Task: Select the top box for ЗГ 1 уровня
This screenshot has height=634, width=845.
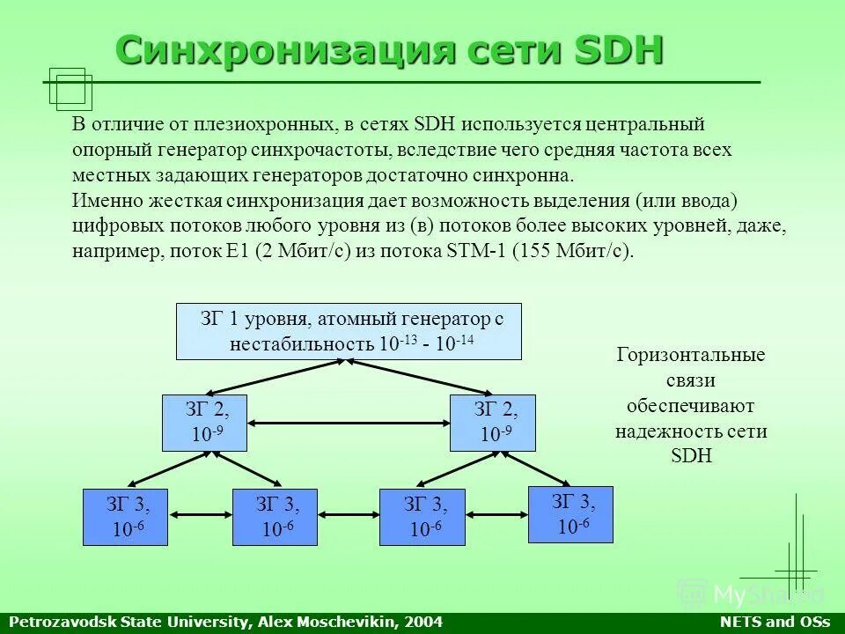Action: pyautogui.click(x=349, y=331)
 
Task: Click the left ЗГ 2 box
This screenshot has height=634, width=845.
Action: pyautogui.click(x=206, y=423)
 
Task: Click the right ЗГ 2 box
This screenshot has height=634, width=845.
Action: pyautogui.click(x=493, y=423)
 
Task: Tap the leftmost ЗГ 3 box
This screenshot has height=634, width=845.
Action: pyautogui.click(x=125, y=516)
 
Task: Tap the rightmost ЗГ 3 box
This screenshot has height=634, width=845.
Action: pyautogui.click(x=570, y=514)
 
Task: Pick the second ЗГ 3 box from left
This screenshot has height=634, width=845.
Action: pyautogui.click(x=275, y=516)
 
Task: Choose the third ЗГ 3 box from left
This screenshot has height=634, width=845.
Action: pyautogui.click(x=422, y=516)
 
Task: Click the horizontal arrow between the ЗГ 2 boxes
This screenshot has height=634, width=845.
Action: pyautogui.click(x=349, y=424)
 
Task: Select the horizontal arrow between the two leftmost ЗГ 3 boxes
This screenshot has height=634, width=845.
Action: pyautogui.click(x=200, y=512)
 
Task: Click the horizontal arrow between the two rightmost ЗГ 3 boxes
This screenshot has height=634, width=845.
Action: pyautogui.click(x=496, y=512)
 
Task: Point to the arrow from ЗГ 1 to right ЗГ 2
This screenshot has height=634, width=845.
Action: pyautogui.click(x=422, y=377)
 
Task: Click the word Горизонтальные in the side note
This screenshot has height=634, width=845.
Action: pyautogui.click(x=691, y=356)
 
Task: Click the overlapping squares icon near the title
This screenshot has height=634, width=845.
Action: pyautogui.click(x=70, y=89)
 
